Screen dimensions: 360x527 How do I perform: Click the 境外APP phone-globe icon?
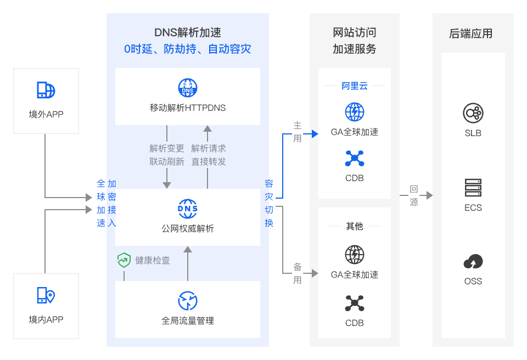46,90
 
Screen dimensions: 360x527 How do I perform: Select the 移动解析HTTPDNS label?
188,108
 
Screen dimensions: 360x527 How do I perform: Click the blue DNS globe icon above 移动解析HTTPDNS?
188,88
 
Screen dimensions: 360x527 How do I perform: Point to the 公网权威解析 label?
188,228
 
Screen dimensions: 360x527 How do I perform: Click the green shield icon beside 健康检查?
124,260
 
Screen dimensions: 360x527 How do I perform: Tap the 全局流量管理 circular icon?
188,301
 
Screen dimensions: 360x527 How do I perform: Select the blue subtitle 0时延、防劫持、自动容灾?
188,49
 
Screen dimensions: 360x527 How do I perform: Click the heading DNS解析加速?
188,33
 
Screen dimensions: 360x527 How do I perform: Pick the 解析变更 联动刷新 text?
167,155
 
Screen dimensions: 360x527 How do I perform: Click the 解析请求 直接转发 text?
209,155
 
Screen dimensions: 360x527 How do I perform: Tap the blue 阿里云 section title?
355,86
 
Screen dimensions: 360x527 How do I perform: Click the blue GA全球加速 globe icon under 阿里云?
355,112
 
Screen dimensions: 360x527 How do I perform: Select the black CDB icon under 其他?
355,303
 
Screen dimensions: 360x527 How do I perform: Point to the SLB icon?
473,113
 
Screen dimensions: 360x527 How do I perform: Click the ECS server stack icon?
473,188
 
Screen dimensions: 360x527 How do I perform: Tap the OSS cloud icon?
473,262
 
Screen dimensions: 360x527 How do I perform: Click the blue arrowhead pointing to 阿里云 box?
315,134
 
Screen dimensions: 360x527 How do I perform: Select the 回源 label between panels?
414,195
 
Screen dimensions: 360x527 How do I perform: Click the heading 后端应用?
471,33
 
